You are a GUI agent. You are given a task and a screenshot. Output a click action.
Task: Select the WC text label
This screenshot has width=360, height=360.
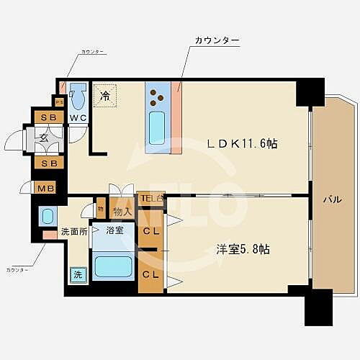[x=78, y=118]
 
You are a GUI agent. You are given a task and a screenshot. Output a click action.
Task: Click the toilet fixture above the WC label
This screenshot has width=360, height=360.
[x=78, y=96]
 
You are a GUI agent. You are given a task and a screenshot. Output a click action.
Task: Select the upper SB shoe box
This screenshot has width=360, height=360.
[x=48, y=117]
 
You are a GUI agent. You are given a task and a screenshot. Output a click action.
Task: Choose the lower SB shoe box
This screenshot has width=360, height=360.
[x=48, y=163]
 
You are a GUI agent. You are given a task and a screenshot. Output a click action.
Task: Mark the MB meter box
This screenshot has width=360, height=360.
[x=44, y=189]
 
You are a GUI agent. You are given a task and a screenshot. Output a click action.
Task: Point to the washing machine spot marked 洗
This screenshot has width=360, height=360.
[x=76, y=274]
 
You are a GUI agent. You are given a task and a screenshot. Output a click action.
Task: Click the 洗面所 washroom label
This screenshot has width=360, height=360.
[x=74, y=232]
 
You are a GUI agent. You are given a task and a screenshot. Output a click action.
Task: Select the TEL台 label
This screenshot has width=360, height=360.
[x=152, y=198]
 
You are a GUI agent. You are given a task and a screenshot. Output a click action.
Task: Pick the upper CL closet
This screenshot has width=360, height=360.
[x=151, y=231]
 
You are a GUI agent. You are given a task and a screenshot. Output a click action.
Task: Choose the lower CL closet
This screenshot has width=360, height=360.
[x=151, y=274]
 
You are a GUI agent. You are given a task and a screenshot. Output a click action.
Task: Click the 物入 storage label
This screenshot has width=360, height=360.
[x=122, y=212]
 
